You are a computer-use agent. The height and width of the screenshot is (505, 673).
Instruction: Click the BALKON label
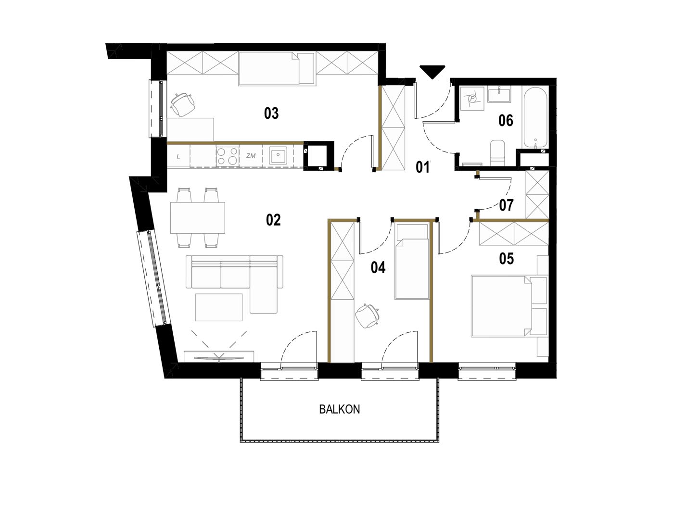coord(340,409)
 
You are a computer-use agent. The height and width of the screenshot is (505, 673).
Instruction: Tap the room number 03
coord(271,114)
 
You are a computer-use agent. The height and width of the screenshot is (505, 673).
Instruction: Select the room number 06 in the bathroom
coord(506,120)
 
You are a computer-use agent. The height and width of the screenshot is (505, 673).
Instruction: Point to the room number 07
coord(506,205)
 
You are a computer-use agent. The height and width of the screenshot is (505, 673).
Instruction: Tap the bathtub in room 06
coord(535,118)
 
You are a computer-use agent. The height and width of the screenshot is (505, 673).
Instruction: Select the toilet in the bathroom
coord(497,153)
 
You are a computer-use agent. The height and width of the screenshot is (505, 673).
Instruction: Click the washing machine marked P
coord(472,98)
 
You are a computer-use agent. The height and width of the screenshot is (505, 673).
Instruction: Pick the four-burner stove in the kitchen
coord(227,156)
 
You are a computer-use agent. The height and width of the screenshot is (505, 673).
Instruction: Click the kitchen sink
coord(278,156)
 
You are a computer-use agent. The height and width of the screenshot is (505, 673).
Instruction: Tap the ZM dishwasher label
coord(251,156)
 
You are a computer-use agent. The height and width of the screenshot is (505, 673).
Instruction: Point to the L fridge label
coord(178,157)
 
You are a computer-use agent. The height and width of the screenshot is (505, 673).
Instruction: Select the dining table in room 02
coord(197,217)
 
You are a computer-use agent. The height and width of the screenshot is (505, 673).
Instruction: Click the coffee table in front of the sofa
coord(219,307)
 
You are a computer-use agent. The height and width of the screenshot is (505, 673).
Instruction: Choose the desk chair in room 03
coord(183,104)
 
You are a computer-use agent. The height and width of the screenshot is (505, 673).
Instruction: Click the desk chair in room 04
coord(368,316)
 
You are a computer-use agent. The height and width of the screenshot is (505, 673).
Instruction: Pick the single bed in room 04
coord(412,261)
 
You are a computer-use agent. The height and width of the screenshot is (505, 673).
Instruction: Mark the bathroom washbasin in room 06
coord(499,95)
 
